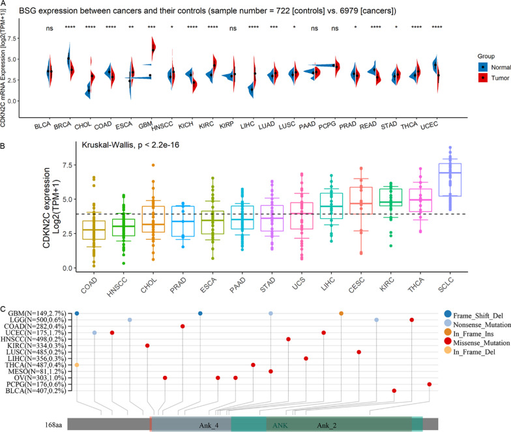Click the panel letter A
pyautogui.click(x=5, y=5)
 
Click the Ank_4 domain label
pyautogui.click(x=209, y=425)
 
